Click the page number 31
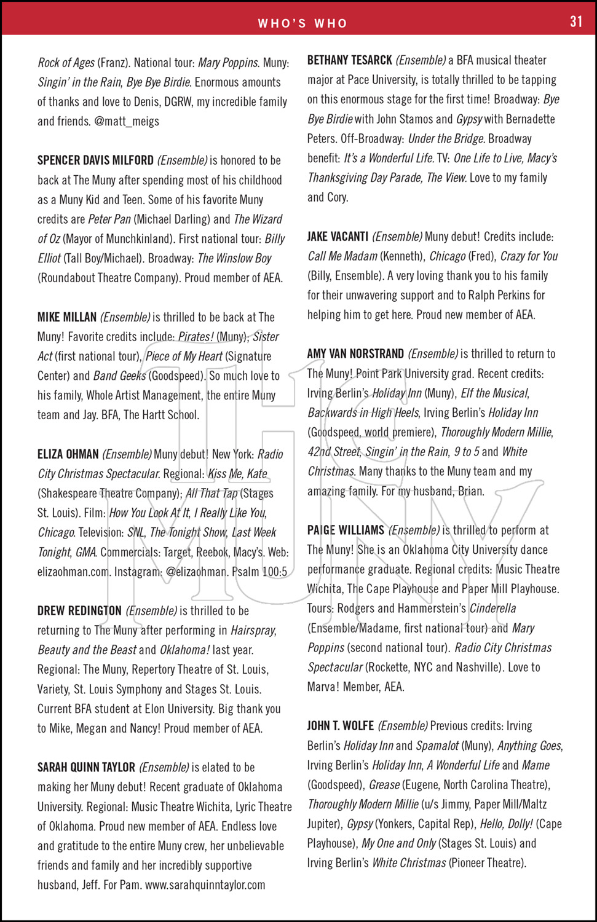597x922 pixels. [x=575, y=22]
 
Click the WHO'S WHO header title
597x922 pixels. [x=302, y=23]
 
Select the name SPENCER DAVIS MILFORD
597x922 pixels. [x=95, y=160]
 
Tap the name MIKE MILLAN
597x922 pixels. [x=67, y=317]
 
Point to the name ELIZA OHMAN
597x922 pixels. [x=68, y=454]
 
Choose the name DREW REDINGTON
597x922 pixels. [x=79, y=611]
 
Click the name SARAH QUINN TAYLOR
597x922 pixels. [x=86, y=768]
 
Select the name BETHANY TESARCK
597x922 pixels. [x=349, y=60]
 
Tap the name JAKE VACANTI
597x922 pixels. [x=338, y=237]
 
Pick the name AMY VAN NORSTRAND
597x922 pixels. [x=355, y=354]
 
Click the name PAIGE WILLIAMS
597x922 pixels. [x=346, y=530]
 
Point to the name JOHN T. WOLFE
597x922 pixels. [x=340, y=726]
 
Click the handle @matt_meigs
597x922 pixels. [x=127, y=121]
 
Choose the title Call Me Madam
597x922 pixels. [x=342, y=256]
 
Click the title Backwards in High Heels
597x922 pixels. [x=363, y=413]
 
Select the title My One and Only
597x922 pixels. [x=398, y=843]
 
